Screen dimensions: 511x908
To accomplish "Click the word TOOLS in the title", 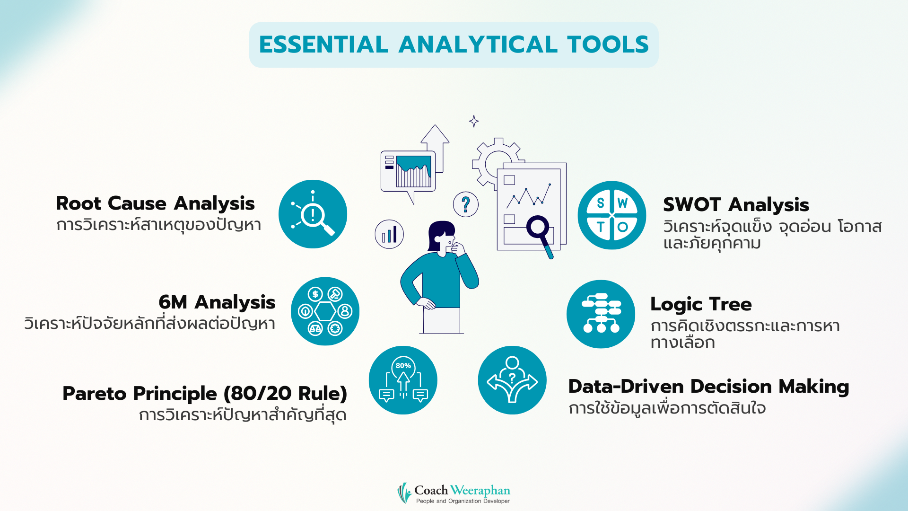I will point(608,44).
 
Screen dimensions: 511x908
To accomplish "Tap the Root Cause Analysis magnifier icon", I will point(313,214).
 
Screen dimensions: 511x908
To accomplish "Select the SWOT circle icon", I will point(611,215).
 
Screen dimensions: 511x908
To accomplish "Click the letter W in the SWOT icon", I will point(623,203).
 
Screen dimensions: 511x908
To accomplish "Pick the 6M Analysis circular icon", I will point(325,311).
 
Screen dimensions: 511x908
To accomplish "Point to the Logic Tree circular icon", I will point(601,314).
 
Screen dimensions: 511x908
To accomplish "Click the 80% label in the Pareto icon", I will point(403,366).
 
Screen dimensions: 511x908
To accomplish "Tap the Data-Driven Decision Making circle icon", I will point(512,380).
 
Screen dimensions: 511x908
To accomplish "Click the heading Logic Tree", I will point(700,304).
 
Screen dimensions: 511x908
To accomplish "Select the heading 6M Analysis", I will point(217,302).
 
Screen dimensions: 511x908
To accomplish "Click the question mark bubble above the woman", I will point(466,204).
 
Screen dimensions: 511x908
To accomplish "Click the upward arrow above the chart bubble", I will point(435,142).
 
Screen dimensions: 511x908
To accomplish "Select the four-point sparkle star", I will point(474,121).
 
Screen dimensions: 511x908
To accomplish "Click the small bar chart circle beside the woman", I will point(389,234).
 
